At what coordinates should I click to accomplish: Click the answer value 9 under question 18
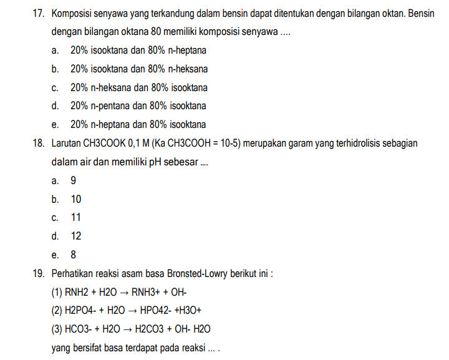(x=74, y=181)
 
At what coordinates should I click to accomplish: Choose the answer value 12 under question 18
(x=76, y=236)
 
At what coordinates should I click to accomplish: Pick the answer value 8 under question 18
(x=74, y=255)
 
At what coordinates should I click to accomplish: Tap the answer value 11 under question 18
(x=76, y=218)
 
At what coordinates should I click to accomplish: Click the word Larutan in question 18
(x=66, y=144)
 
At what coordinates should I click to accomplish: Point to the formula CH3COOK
(x=104, y=144)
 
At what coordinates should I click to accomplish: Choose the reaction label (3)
(x=57, y=329)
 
